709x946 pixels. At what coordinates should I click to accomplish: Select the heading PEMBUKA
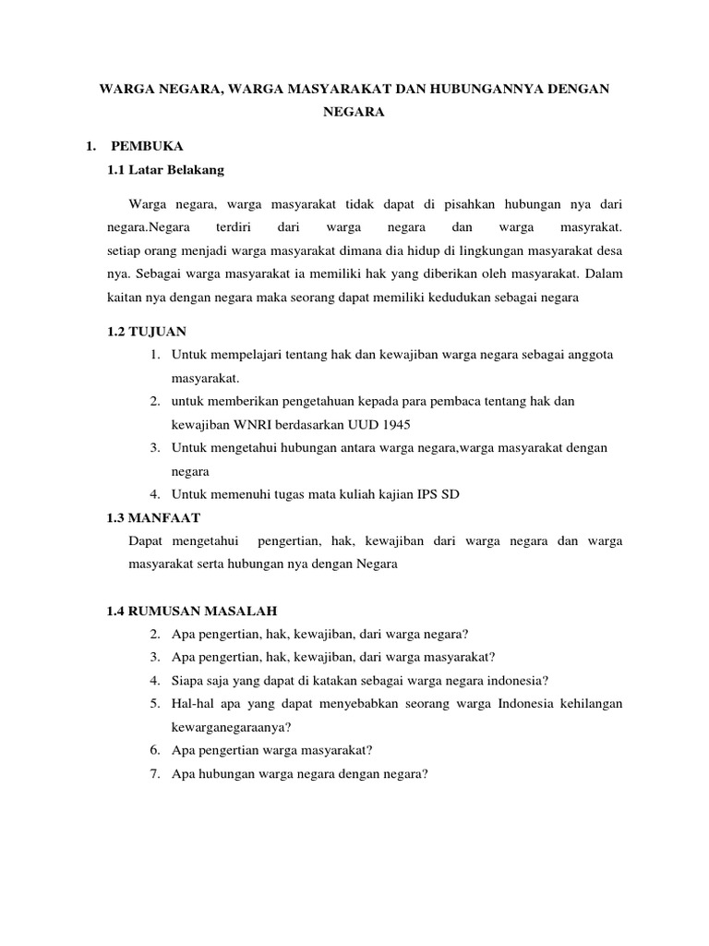click(x=148, y=146)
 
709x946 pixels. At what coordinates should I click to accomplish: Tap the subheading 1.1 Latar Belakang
click(x=166, y=170)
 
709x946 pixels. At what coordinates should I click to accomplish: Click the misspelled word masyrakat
click(x=592, y=226)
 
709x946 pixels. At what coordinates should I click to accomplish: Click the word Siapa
click(x=188, y=681)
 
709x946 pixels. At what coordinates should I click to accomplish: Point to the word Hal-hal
click(x=192, y=704)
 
